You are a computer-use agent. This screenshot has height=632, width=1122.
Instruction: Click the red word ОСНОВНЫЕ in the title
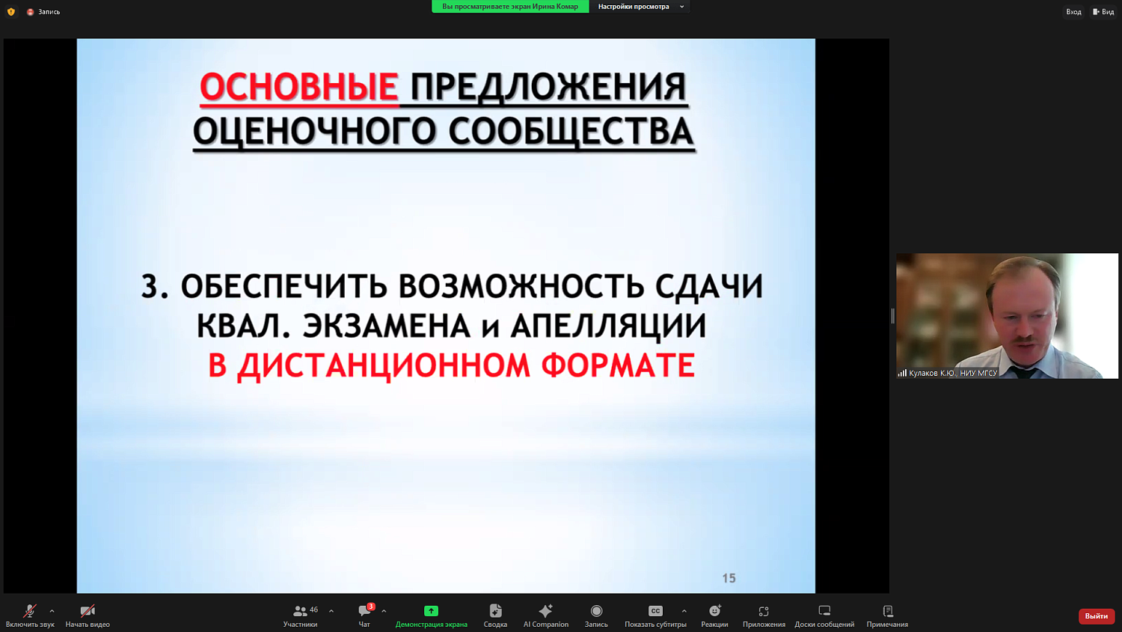tap(298, 88)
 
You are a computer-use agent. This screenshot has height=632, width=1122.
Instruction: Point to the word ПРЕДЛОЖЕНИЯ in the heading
tap(548, 88)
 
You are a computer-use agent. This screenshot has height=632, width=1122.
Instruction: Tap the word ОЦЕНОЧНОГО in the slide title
tap(314, 133)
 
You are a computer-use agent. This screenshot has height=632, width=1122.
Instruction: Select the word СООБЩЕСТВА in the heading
tap(571, 133)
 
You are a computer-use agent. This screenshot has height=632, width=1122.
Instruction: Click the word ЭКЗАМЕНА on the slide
tap(386, 326)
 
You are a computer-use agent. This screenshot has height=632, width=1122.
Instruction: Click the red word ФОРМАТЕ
tap(618, 366)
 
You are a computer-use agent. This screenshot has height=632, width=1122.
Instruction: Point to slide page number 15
tap(729, 578)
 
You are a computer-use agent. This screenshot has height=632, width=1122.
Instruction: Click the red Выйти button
tap(1096, 616)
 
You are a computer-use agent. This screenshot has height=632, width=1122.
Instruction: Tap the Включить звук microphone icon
tap(29, 611)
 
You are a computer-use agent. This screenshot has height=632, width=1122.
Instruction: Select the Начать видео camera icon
tap(88, 611)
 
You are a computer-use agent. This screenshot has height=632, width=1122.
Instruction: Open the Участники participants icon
tap(300, 611)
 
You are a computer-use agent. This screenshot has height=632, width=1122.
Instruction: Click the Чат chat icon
tap(364, 611)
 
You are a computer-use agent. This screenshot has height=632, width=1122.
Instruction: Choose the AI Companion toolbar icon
tap(545, 611)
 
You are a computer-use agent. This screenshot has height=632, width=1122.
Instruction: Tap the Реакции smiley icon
tap(714, 611)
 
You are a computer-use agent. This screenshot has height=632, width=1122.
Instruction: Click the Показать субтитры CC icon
tap(655, 611)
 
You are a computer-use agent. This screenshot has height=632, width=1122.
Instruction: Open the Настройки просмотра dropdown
tap(640, 7)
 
